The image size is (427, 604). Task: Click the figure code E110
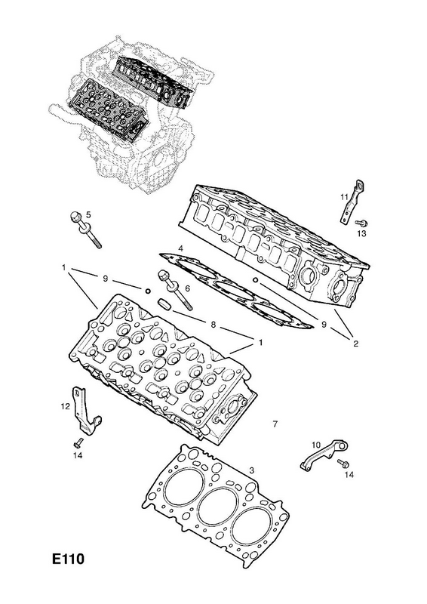(68, 559)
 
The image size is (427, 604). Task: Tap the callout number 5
(88, 214)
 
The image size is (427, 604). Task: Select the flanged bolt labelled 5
(85, 230)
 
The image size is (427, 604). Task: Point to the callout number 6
(188, 288)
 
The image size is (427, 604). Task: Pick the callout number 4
(180, 248)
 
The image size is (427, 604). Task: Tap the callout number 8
(213, 325)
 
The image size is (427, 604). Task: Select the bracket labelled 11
(352, 202)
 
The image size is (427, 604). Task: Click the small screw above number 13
(362, 223)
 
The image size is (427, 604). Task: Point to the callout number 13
(361, 233)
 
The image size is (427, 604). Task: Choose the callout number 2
(355, 344)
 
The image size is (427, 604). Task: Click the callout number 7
(275, 424)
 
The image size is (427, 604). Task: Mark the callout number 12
(65, 406)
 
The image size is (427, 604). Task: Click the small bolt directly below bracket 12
(78, 442)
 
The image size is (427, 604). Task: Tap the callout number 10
(316, 445)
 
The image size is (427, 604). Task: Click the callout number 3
(251, 470)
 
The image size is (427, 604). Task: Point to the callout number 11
(344, 197)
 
